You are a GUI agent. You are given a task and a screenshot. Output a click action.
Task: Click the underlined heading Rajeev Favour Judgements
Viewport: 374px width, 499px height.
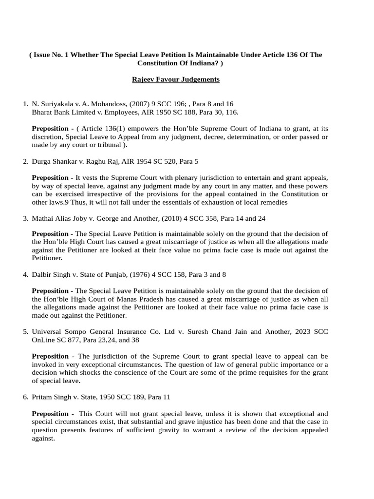point(176,79)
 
